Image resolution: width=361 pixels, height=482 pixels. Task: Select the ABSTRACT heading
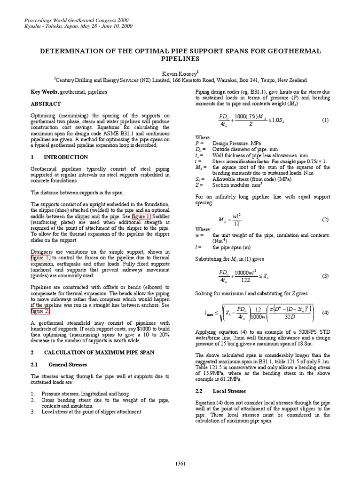pos(47,104)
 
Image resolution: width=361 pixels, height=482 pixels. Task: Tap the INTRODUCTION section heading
pos(65,157)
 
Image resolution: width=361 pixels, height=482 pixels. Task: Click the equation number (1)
pos(325,120)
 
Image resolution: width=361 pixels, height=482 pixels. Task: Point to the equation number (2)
pos(325,220)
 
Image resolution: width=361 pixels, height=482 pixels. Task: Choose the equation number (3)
pos(325,276)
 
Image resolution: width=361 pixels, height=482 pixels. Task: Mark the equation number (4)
pos(325,313)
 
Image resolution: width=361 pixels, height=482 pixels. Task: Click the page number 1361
pos(180,463)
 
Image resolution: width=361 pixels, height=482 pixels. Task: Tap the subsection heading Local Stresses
pos(228,391)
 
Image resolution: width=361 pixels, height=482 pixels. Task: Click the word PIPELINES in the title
pos(180,59)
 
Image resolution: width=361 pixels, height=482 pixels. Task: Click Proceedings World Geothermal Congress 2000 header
pos(75,21)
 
